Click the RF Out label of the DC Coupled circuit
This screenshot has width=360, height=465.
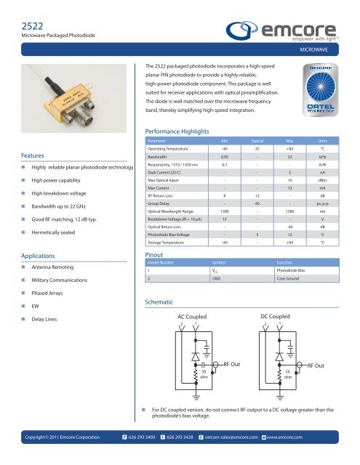pyautogui.click(x=321, y=365)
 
